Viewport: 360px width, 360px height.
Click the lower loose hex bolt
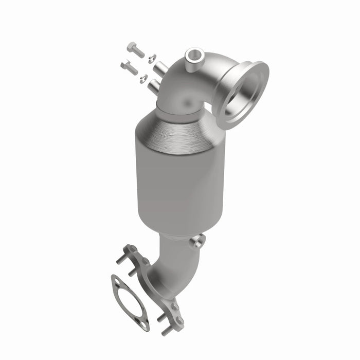129,66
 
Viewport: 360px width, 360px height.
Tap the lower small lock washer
144,79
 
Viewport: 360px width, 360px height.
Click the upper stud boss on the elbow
161,67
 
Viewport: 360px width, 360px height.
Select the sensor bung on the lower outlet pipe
198,241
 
